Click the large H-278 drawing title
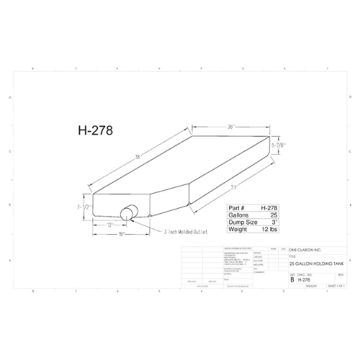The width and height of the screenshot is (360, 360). tap(95, 132)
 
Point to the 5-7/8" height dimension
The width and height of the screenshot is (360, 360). tap(278, 145)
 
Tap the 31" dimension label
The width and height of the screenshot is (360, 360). tap(235, 189)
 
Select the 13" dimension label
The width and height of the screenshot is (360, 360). tap(110, 225)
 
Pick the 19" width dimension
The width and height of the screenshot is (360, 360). tap(122, 234)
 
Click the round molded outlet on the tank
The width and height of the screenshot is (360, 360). tap(130, 213)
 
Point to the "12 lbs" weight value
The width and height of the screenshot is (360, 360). tap(269, 230)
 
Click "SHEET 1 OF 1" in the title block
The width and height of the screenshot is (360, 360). tap(337, 286)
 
